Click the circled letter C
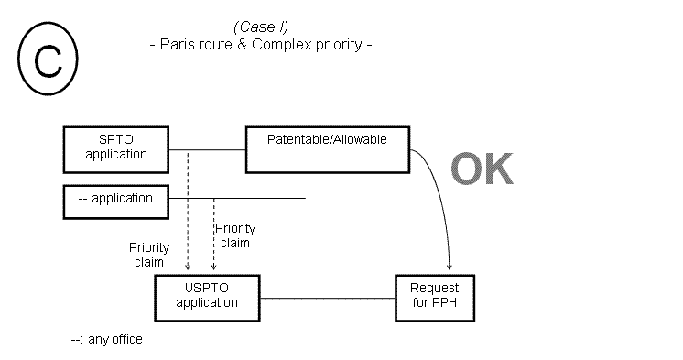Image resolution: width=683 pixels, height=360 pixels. pyautogui.click(x=43, y=61)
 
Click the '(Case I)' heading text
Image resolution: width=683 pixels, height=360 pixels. pyautogui.click(x=261, y=26)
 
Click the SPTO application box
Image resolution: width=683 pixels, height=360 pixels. pyautogui.click(x=116, y=147)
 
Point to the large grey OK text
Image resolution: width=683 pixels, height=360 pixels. pyautogui.click(x=482, y=169)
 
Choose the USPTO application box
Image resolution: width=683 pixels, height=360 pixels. pyautogui.click(x=207, y=296)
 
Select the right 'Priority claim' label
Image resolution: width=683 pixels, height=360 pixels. pyautogui.click(x=234, y=235)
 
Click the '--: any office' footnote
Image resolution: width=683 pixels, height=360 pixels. pyautogui.click(x=106, y=340)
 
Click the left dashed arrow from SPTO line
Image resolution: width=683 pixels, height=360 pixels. pyautogui.click(x=188, y=211)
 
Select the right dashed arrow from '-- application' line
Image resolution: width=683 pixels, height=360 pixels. pyautogui.click(x=213, y=234)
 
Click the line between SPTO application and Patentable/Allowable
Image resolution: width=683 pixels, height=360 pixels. pyautogui.click(x=208, y=150)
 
